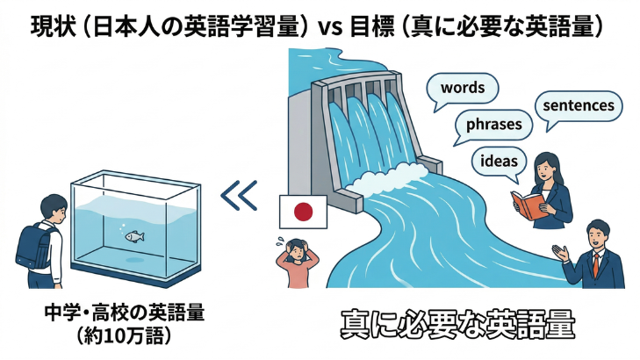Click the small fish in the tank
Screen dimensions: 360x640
(134, 236)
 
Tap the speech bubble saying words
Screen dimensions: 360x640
(463, 89)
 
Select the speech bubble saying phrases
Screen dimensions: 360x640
(493, 125)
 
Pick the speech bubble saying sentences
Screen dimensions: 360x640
(578, 106)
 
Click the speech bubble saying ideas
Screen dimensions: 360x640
(499, 162)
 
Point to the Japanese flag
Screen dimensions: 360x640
(302, 212)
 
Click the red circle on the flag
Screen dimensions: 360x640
(303, 212)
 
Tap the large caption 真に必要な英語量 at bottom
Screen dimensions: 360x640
(457, 326)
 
